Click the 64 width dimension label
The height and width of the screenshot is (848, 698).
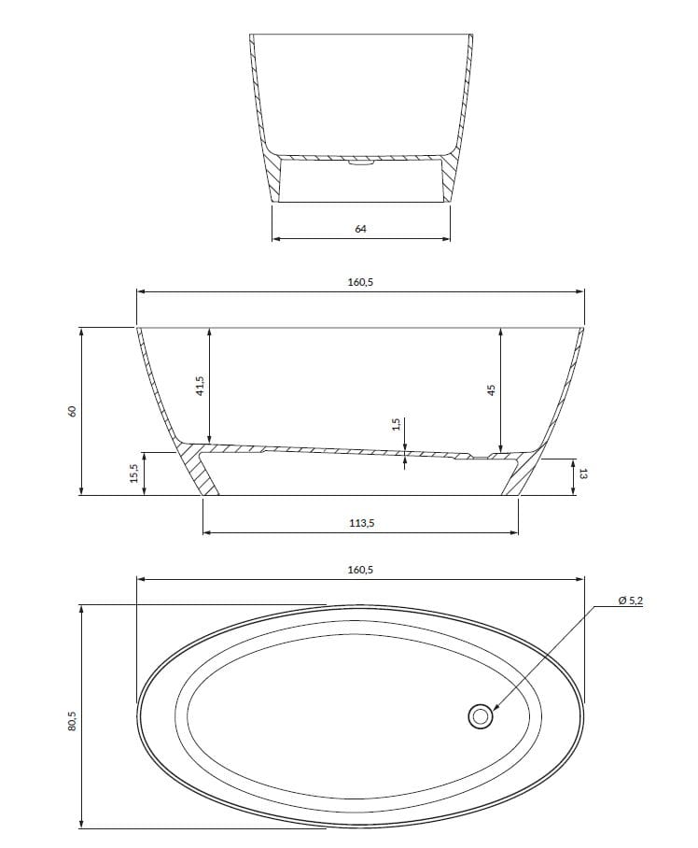click(360, 229)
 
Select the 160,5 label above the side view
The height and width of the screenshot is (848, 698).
click(360, 282)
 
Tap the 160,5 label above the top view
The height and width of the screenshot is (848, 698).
click(360, 570)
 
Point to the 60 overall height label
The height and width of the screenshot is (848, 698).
click(71, 411)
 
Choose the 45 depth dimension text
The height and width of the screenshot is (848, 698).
click(491, 389)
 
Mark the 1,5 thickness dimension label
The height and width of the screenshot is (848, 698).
click(396, 425)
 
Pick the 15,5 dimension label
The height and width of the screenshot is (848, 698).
click(134, 473)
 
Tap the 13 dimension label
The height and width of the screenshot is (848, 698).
click(582, 474)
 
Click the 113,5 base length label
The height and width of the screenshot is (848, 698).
click(360, 523)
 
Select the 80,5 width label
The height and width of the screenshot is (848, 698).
click(71, 721)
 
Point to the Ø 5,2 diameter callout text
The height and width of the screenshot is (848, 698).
click(631, 601)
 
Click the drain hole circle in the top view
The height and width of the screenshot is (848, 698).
click(481, 716)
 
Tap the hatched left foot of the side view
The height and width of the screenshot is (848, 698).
click(199, 472)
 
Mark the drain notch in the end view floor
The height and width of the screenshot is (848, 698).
click(360, 163)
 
